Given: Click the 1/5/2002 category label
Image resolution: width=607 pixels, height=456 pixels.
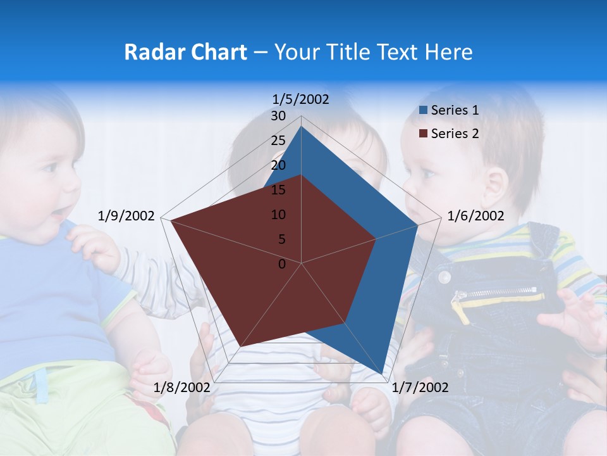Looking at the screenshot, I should (x=300, y=99).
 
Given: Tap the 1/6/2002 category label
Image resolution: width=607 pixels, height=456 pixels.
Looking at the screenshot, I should (x=475, y=216).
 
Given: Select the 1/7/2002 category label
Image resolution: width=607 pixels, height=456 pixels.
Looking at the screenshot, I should (x=420, y=387).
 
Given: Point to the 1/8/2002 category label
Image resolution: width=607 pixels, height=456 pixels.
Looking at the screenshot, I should (x=181, y=387).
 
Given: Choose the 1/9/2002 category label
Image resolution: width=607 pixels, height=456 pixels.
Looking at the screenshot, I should (x=126, y=216).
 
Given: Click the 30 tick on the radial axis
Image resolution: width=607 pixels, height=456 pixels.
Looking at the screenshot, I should (x=278, y=116).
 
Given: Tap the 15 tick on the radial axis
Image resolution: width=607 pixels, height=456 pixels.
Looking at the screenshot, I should (x=278, y=190).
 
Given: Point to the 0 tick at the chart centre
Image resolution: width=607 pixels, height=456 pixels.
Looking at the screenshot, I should (x=282, y=264).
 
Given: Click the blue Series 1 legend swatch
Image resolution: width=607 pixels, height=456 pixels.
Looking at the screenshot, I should (x=424, y=110).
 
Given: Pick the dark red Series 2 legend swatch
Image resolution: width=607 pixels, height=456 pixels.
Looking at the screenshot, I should (x=424, y=134).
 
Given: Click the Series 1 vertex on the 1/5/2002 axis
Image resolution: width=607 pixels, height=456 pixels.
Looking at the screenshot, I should (x=302, y=126).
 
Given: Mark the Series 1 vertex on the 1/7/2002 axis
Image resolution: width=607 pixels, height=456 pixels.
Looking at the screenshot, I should (x=382, y=373).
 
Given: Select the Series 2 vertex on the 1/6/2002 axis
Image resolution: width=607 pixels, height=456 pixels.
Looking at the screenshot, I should (x=376, y=239).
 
